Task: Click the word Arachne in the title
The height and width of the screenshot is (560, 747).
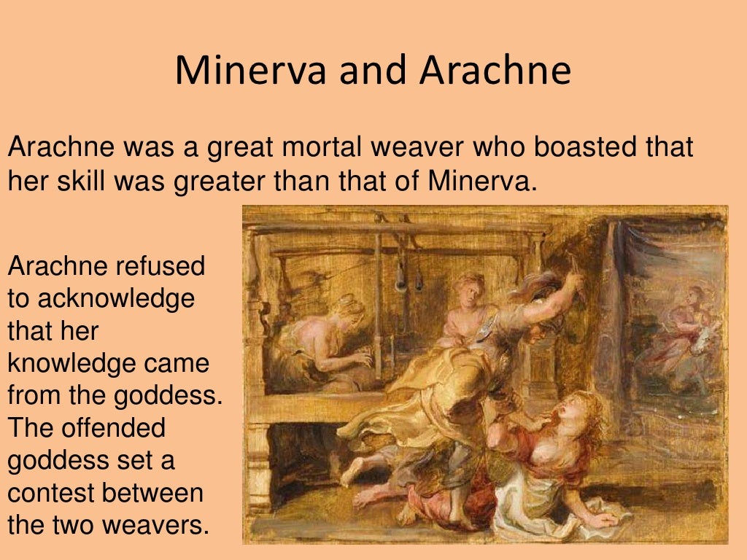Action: [x=495, y=71]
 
